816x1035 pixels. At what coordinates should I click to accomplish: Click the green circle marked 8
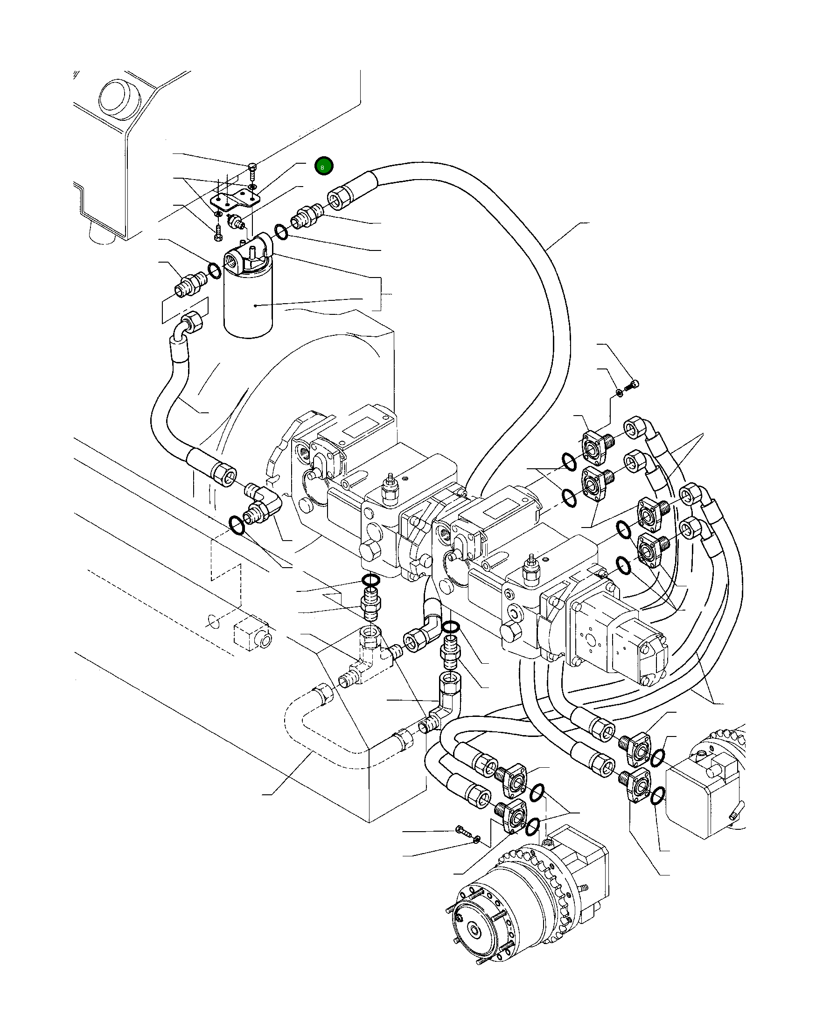coord(323,166)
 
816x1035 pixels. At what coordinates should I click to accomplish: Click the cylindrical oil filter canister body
coord(248,306)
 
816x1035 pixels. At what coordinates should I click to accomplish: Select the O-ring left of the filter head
coord(215,271)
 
